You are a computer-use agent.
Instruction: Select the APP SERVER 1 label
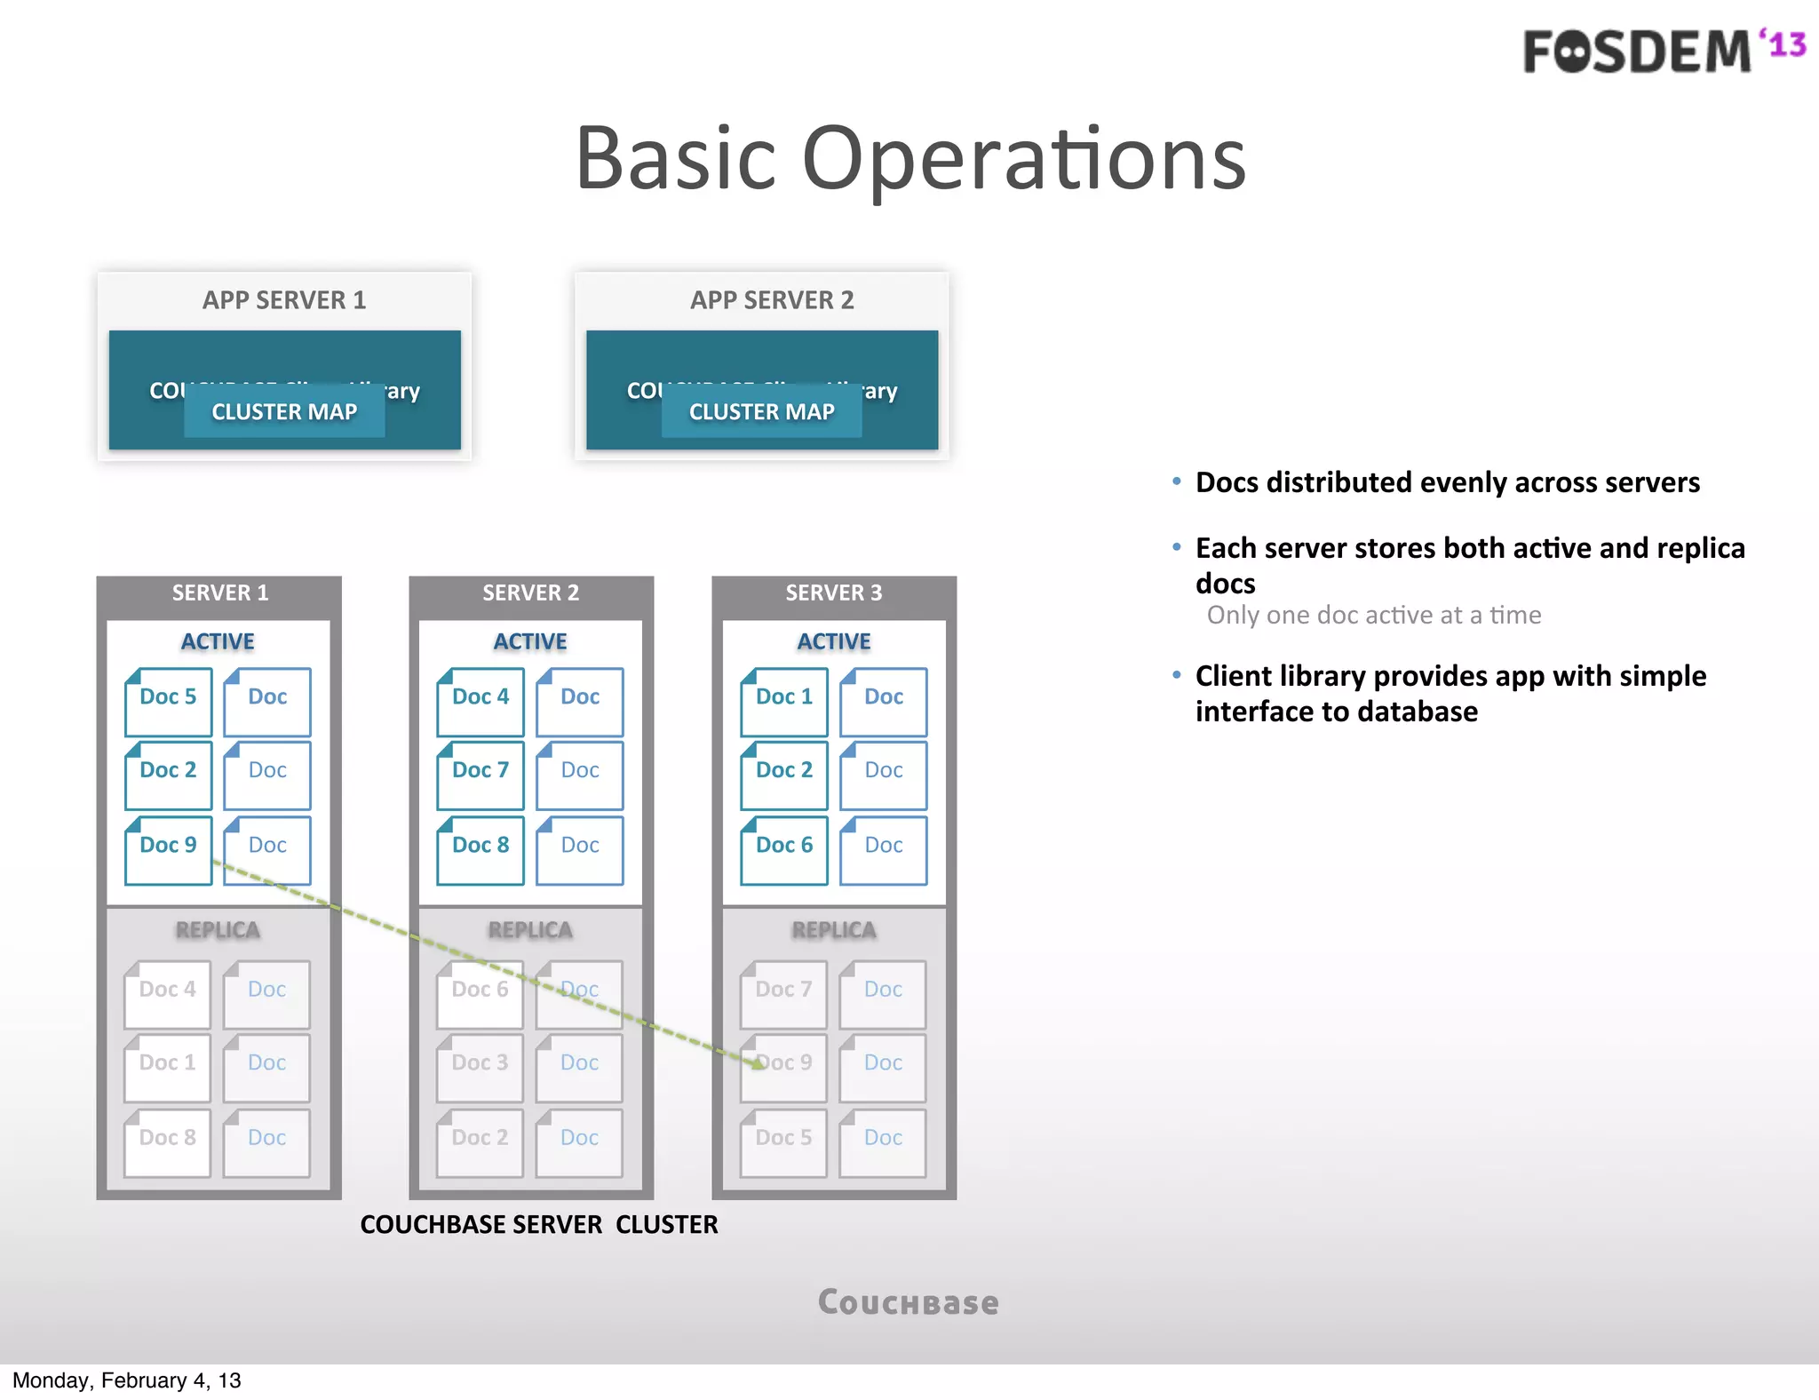(x=283, y=300)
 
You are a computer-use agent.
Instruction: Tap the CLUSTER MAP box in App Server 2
(x=761, y=412)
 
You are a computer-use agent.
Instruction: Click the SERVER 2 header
(x=530, y=593)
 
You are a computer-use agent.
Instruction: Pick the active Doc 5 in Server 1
(x=168, y=701)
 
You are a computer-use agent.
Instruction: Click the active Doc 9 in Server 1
(x=168, y=849)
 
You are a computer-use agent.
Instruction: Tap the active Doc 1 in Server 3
(x=784, y=701)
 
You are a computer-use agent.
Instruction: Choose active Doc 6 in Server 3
(x=784, y=849)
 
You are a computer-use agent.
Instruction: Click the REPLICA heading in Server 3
(x=834, y=930)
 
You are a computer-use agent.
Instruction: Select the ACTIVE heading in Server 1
(x=218, y=641)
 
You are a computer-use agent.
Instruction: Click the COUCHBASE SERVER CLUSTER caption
(x=539, y=1225)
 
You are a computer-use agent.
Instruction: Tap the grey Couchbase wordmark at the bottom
(x=909, y=1302)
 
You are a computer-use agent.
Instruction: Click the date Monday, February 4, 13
(x=126, y=1380)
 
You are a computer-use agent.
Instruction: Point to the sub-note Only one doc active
(x=1373, y=615)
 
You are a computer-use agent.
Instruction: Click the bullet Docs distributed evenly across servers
(x=1447, y=482)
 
